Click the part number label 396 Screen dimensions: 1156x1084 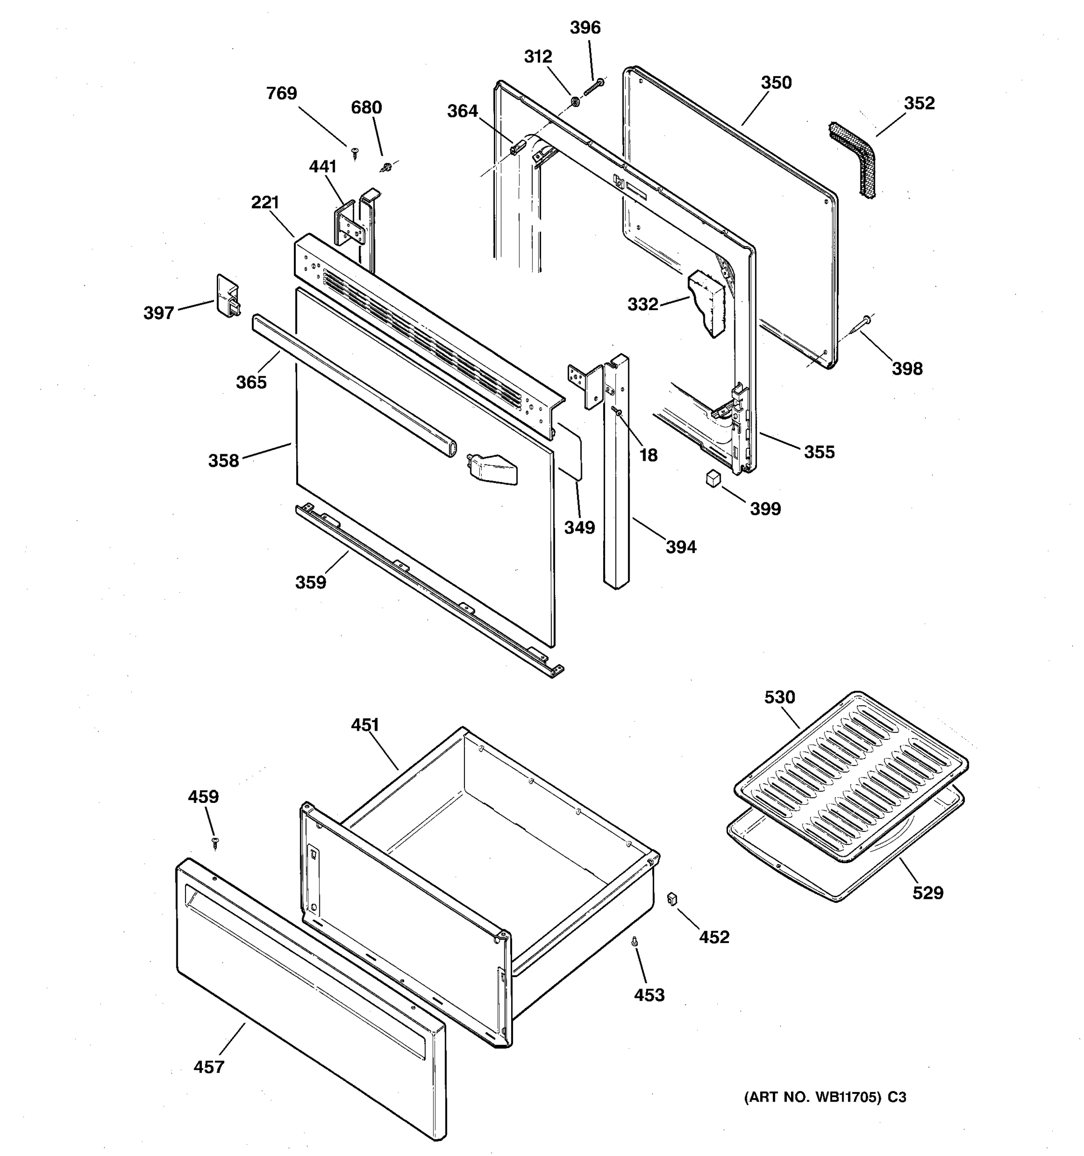coord(585,27)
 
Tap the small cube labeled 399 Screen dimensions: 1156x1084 coord(713,479)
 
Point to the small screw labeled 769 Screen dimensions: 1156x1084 coord(355,153)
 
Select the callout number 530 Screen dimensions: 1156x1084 coord(779,696)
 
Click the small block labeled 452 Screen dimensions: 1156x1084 coord(672,899)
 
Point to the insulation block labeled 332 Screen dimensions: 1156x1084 coord(708,303)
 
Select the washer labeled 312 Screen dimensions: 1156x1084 coord(575,102)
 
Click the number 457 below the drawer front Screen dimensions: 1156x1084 coord(209,1067)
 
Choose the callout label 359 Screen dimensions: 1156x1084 coord(311,582)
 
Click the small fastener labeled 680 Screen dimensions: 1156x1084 coord(386,168)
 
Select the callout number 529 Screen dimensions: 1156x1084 coord(927,893)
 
